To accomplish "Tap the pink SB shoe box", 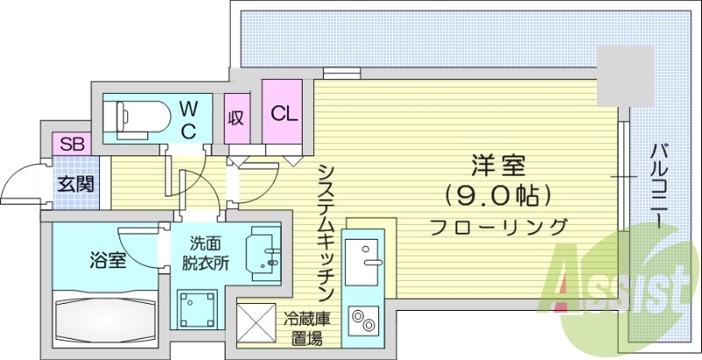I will tap(71, 144).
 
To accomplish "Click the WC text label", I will tap(190, 118).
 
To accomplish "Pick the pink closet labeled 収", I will tap(236, 117).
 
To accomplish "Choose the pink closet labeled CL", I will tap(283, 113).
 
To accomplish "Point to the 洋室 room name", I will tap(497, 164).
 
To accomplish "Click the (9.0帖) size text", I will tap(497, 193).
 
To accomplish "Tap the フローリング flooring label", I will tap(498, 227).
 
